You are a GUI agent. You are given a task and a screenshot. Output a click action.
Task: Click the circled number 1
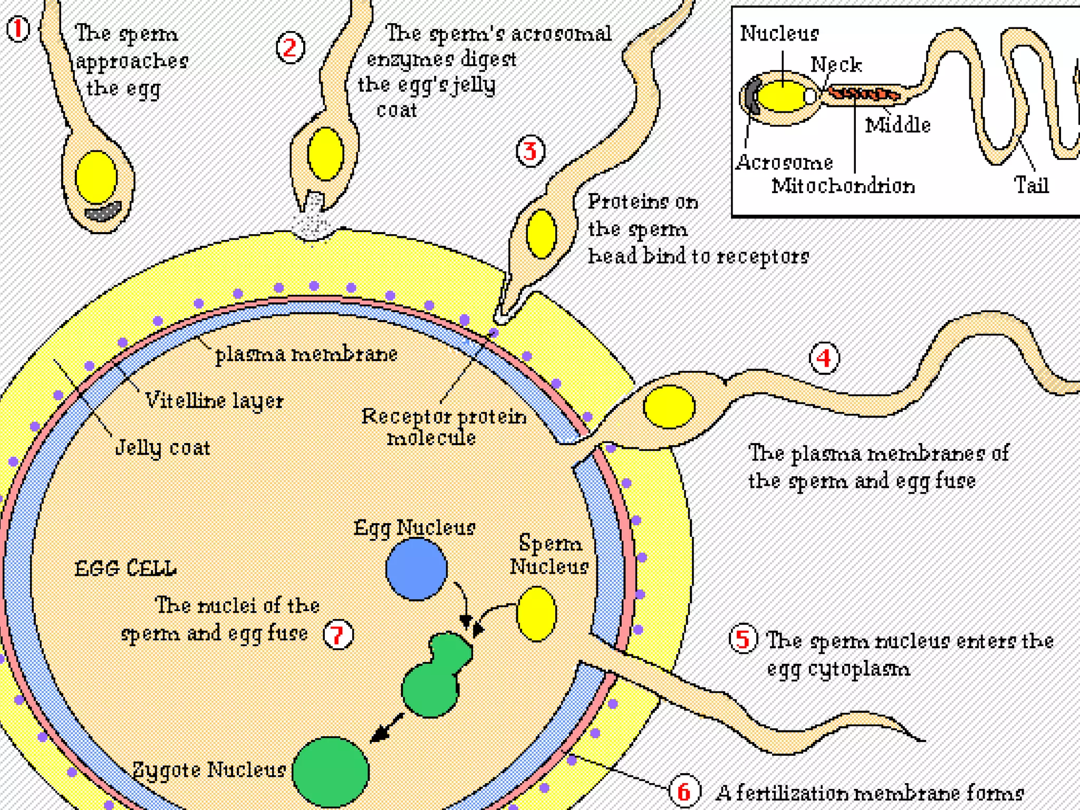(18, 30)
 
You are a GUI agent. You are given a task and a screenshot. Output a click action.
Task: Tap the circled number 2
(290, 48)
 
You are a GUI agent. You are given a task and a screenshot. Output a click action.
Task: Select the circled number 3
(530, 151)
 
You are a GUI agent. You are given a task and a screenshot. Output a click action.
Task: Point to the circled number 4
(824, 359)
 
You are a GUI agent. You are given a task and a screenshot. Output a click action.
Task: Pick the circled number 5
(743, 639)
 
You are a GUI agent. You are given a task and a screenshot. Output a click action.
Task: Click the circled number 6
(684, 791)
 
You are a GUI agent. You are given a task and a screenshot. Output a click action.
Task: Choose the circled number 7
(338, 634)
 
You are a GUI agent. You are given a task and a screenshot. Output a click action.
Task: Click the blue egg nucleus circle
(416, 569)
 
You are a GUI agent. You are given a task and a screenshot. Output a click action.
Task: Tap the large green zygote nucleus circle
(331, 772)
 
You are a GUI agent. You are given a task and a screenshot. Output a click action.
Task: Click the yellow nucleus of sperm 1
(96, 177)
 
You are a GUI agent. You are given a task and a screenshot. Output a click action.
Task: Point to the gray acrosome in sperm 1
(103, 211)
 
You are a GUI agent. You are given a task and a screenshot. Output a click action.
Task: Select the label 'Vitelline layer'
(214, 400)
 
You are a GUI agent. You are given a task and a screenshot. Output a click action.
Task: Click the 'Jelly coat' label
(162, 448)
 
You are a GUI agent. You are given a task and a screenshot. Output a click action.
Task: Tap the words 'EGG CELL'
(126, 568)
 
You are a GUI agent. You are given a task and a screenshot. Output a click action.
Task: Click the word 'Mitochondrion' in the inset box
(843, 186)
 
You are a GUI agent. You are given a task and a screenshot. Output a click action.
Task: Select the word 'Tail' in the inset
(1031, 185)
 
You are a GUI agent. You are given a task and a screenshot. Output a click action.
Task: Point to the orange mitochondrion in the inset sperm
(863, 94)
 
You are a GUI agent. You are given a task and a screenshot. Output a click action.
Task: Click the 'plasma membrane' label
(306, 354)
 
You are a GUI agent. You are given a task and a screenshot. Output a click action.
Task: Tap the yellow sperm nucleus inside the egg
(536, 614)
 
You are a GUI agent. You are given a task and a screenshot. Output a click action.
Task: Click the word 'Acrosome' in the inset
(784, 162)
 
